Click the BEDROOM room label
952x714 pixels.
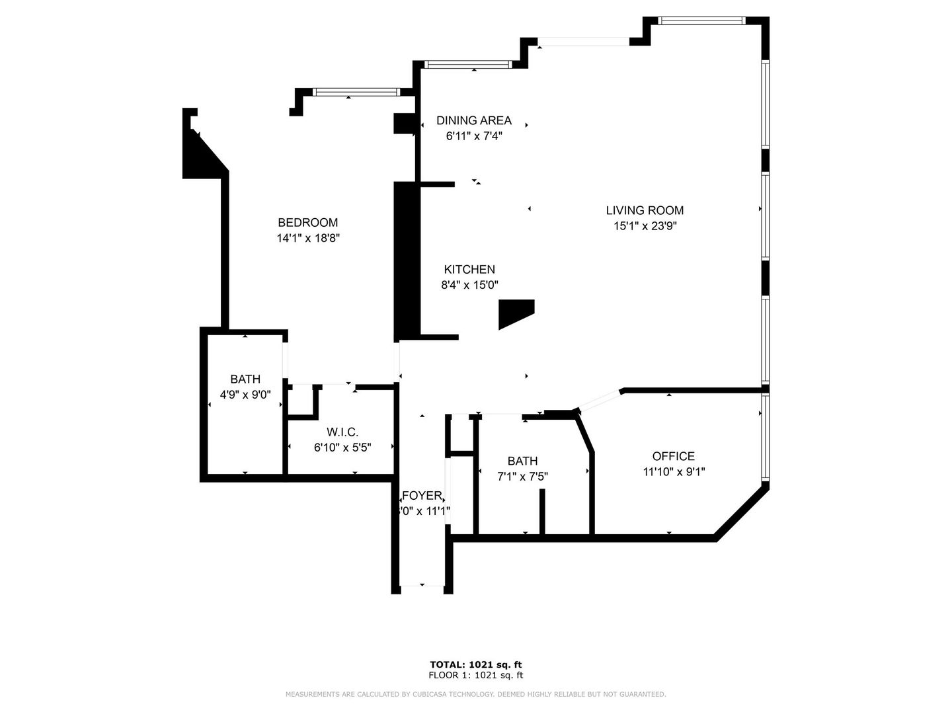pyautogui.click(x=307, y=223)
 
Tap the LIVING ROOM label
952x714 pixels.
pyautogui.click(x=645, y=210)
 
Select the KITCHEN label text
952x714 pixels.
pyautogui.click(x=469, y=270)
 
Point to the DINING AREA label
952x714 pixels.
pyautogui.click(x=473, y=120)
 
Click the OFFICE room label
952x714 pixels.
pyautogui.click(x=673, y=456)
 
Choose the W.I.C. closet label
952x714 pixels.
pyautogui.click(x=342, y=432)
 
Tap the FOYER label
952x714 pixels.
pyautogui.click(x=422, y=496)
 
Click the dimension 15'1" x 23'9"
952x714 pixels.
pyautogui.click(x=645, y=226)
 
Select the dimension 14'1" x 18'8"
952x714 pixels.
pyautogui.click(x=307, y=238)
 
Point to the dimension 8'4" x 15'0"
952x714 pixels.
pyautogui.click(x=469, y=285)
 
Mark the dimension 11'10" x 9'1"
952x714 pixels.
pyautogui.click(x=673, y=472)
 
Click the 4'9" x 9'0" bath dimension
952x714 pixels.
pyautogui.click(x=245, y=395)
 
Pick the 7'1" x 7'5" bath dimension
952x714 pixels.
pyautogui.click(x=522, y=476)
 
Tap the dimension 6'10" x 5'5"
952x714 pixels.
pyautogui.click(x=342, y=448)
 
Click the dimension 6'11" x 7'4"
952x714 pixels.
pyautogui.click(x=473, y=136)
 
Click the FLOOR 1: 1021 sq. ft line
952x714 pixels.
pyautogui.click(x=475, y=676)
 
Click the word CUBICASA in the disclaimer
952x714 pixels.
pyautogui.click(x=424, y=694)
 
